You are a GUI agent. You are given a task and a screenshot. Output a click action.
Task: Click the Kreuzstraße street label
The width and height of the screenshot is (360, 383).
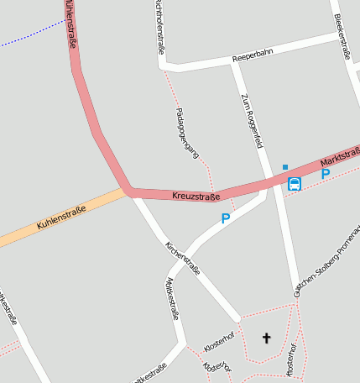196,196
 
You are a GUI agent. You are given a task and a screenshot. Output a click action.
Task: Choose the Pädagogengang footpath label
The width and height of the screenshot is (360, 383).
187,133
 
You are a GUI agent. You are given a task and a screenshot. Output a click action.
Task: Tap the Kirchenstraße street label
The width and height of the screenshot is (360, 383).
182,260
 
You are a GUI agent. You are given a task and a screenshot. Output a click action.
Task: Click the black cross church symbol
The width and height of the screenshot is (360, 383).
267,338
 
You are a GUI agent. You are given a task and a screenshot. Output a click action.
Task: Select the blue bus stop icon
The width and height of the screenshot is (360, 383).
294,184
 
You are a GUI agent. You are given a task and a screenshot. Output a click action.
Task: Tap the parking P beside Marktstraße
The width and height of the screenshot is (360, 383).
325,174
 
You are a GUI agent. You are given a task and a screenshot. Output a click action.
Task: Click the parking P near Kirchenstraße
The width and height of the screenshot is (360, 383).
225,218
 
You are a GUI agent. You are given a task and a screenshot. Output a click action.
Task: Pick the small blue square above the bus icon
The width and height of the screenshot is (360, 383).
285,167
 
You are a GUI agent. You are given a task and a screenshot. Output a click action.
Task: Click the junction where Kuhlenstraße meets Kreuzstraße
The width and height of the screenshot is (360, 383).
129,191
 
